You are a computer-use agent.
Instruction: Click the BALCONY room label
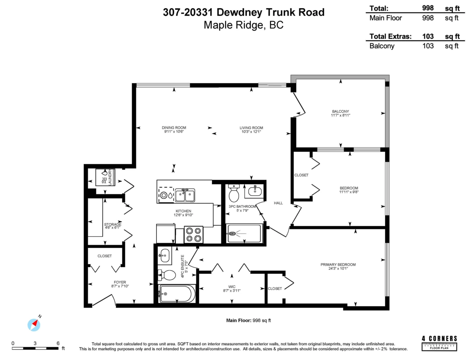tap(340, 111)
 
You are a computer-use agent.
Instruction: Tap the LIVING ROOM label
tap(251, 128)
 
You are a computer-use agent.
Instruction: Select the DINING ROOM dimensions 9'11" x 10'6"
tap(174, 132)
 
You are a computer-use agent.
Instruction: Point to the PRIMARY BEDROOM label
tap(338, 264)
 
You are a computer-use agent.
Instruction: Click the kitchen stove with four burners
tap(193, 235)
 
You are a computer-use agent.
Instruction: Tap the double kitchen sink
tap(185, 195)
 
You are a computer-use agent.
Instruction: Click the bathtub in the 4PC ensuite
tap(177, 294)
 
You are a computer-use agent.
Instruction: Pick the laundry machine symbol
tap(105, 177)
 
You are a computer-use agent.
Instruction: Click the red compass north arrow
tap(35, 323)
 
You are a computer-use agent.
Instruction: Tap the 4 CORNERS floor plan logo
tap(439, 343)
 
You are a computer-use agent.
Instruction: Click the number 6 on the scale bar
tap(58, 343)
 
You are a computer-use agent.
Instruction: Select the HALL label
tap(278, 203)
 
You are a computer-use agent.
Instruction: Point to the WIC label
tap(231, 287)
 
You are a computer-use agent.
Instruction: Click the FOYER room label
tap(120, 282)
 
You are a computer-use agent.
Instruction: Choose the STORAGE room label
tap(113, 224)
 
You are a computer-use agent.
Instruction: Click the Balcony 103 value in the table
tap(428, 46)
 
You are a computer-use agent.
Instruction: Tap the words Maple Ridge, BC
tap(243, 25)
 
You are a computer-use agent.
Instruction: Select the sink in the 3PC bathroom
tap(255, 191)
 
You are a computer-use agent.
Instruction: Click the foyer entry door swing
tap(103, 300)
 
